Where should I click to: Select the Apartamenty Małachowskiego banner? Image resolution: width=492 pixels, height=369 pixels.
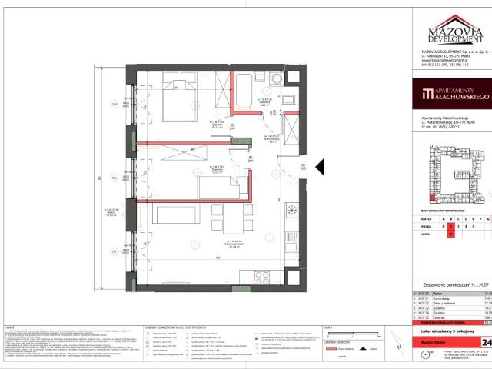pos(448,96)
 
